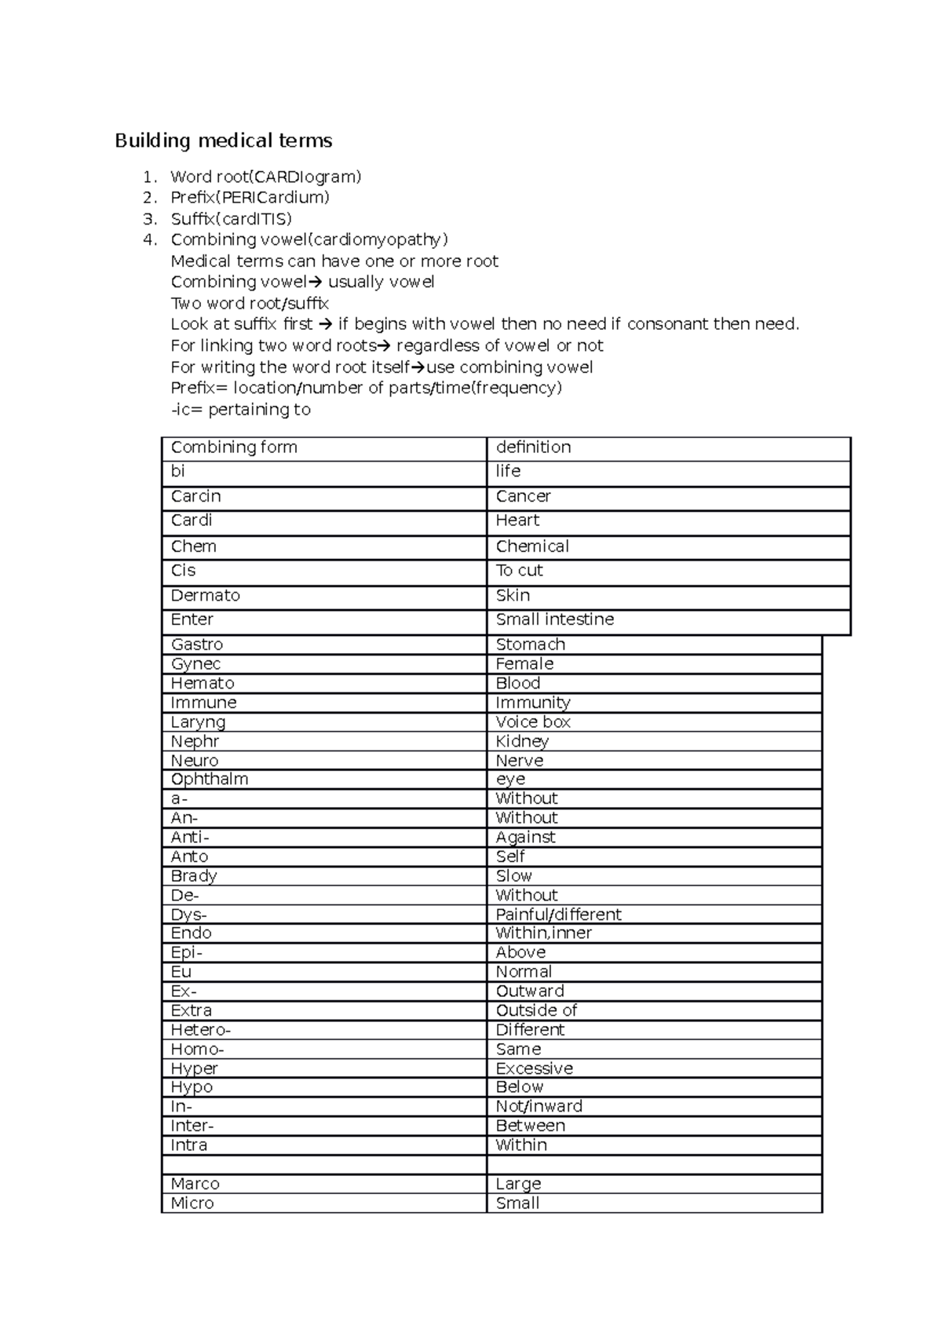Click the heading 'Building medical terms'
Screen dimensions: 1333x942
(224, 141)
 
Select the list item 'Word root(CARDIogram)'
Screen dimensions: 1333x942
(266, 177)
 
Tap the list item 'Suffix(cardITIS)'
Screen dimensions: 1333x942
(232, 219)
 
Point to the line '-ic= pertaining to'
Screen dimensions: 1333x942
(240, 410)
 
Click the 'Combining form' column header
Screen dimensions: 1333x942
(234, 447)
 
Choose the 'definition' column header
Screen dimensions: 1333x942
(533, 447)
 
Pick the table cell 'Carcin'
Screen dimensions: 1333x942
(196, 497)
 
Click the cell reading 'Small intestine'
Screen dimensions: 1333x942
(554, 619)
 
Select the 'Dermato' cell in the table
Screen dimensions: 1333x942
(206, 596)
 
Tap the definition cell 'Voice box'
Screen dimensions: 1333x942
(533, 722)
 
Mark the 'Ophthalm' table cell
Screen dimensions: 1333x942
(210, 780)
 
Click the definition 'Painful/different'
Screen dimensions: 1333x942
(558, 915)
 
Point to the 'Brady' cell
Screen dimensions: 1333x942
(194, 876)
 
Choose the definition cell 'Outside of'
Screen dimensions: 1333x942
(536, 1011)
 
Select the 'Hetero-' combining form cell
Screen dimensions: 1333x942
(201, 1030)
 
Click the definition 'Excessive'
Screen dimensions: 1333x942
(535, 1068)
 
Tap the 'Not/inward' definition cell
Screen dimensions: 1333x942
(539, 1107)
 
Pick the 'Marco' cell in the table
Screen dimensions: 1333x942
(195, 1184)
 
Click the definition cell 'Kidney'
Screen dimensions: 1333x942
(522, 742)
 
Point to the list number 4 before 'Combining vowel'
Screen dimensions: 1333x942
(150, 240)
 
